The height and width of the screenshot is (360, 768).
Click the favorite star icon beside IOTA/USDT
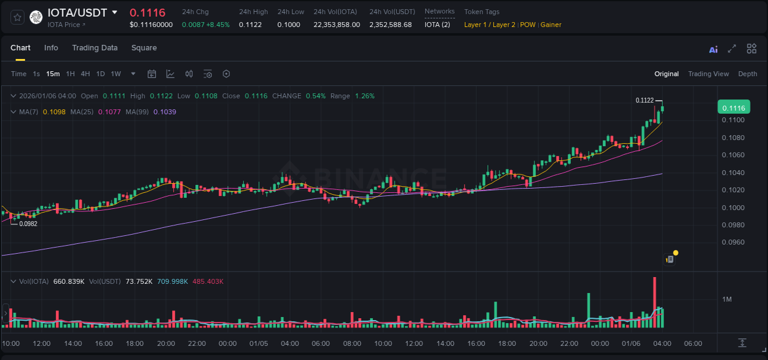pos(18,17)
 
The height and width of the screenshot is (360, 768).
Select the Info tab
pos(51,48)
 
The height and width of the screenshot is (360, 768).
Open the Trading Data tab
pos(95,48)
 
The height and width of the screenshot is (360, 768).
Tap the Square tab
pos(144,48)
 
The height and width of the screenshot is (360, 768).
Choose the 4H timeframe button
pos(85,74)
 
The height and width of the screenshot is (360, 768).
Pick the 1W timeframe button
pos(116,74)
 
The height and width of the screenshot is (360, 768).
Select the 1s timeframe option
pos(36,74)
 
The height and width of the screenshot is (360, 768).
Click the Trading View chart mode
pos(708,74)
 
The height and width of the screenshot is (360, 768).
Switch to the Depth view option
pos(748,74)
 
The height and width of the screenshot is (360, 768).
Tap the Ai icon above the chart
pos(713,49)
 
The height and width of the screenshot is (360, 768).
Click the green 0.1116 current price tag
pos(734,108)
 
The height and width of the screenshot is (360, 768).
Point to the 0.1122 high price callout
pos(645,100)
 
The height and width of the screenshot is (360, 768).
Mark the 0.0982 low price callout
pos(28,224)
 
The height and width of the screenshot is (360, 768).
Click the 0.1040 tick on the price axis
pos(734,173)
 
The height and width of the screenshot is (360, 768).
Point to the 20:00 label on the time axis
pos(166,343)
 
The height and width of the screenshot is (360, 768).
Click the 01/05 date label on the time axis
pos(259,343)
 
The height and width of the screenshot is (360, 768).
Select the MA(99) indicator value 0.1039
pos(165,112)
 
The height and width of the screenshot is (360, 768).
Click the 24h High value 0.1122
pos(250,25)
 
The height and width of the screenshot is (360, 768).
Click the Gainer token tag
pos(551,25)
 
